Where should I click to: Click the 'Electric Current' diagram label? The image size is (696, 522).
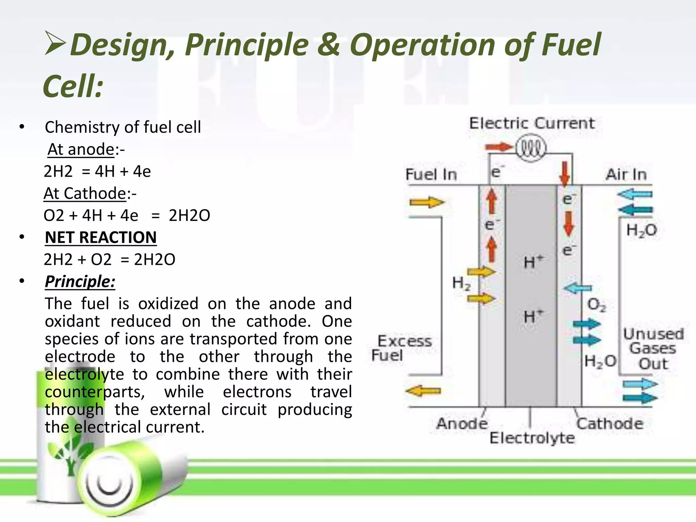click(532, 123)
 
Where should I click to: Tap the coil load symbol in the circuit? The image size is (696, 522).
click(531, 149)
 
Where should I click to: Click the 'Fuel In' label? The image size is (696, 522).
click(431, 174)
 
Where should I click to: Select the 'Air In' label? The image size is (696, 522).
click(626, 174)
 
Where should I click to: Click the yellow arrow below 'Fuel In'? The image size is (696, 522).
click(427, 203)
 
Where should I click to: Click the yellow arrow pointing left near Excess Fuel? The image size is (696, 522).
click(423, 391)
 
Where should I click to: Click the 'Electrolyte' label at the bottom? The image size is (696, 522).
click(532, 438)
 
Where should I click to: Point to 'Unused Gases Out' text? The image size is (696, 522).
click(653, 349)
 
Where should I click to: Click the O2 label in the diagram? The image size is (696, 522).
click(596, 304)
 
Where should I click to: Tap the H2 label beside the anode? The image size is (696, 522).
click(461, 283)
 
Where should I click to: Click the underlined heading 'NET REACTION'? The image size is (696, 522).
click(101, 237)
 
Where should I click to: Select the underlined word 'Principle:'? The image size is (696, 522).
click(80, 281)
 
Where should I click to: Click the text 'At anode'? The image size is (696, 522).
click(81, 149)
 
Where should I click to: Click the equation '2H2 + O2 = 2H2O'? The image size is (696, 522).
click(109, 260)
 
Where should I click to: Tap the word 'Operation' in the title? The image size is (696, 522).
click(422, 45)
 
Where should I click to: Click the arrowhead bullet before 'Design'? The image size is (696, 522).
click(55, 43)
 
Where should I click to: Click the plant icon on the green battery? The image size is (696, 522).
click(70, 454)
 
